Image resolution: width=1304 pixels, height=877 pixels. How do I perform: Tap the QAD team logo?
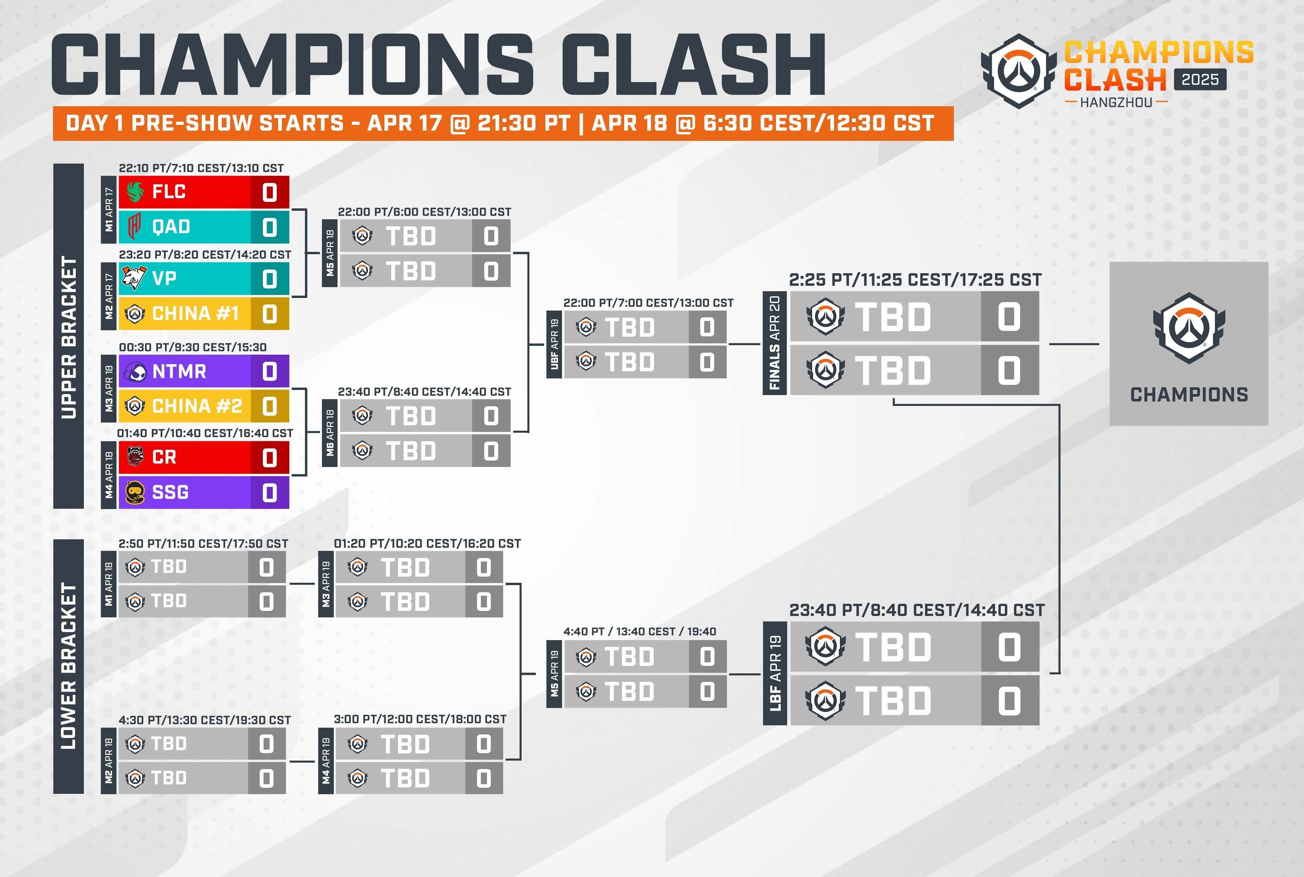134,226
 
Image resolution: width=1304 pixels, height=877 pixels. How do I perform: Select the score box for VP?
270,279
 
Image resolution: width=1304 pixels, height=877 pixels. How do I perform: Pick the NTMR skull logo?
135,371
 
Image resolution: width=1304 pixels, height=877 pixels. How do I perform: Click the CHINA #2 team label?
197,406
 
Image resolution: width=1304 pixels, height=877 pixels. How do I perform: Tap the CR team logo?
135,457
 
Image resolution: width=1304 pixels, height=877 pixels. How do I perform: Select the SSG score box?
270,492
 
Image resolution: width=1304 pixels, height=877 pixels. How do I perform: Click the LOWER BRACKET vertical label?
68,666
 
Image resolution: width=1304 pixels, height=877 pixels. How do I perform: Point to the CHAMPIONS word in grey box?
1189,395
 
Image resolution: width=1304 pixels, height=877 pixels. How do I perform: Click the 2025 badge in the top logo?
1200,79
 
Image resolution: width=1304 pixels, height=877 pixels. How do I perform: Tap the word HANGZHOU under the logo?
1116,102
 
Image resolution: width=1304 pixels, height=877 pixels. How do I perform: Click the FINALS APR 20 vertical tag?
775,343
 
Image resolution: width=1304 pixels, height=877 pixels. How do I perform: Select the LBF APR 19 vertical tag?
775,673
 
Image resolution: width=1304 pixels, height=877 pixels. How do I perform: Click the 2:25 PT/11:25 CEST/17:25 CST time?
915,280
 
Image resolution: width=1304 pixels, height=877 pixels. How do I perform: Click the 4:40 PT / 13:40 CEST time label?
639,632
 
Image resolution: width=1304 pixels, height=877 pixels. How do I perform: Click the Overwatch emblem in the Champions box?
1189,329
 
